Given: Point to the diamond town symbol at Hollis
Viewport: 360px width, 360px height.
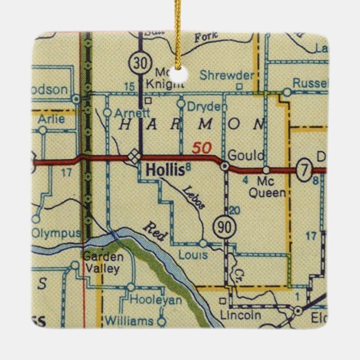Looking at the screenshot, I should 134,157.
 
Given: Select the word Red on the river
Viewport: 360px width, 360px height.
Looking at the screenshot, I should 155,231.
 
